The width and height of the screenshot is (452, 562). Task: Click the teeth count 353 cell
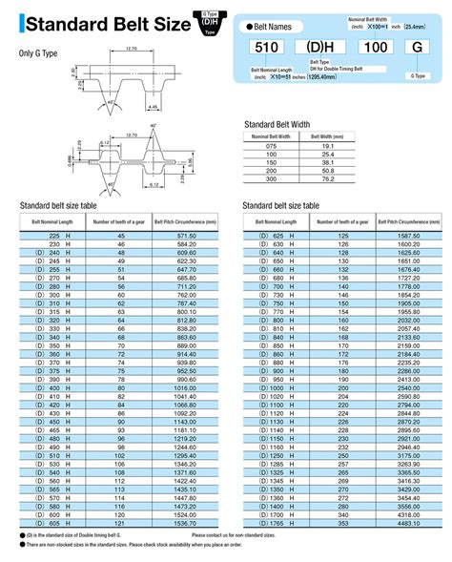(342, 524)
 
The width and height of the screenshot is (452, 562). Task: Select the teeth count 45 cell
(120, 235)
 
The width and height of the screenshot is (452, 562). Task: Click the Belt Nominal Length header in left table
(53, 221)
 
